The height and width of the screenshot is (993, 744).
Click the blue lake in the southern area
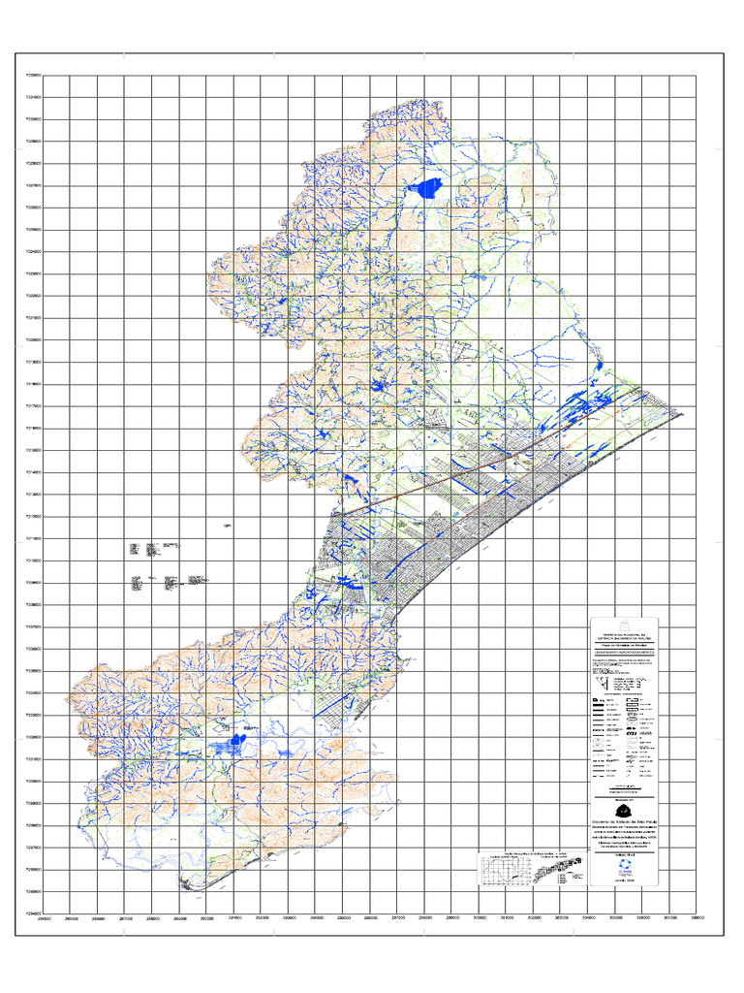pyautogui.click(x=230, y=744)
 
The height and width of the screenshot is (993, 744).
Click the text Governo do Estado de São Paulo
pyautogui.click(x=624, y=820)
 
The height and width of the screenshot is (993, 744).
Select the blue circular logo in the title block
pyautogui.click(x=624, y=870)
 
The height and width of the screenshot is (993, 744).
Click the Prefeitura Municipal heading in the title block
pyautogui.click(x=624, y=631)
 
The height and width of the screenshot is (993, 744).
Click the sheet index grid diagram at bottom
pyautogui.click(x=530, y=868)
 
